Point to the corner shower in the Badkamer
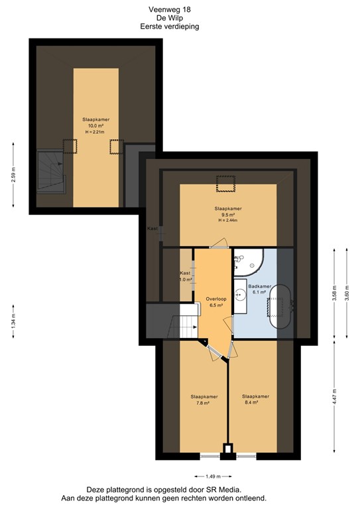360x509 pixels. tap(249, 262)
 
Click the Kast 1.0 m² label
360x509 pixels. tap(186, 276)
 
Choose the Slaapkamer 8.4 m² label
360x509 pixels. tap(255, 399)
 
